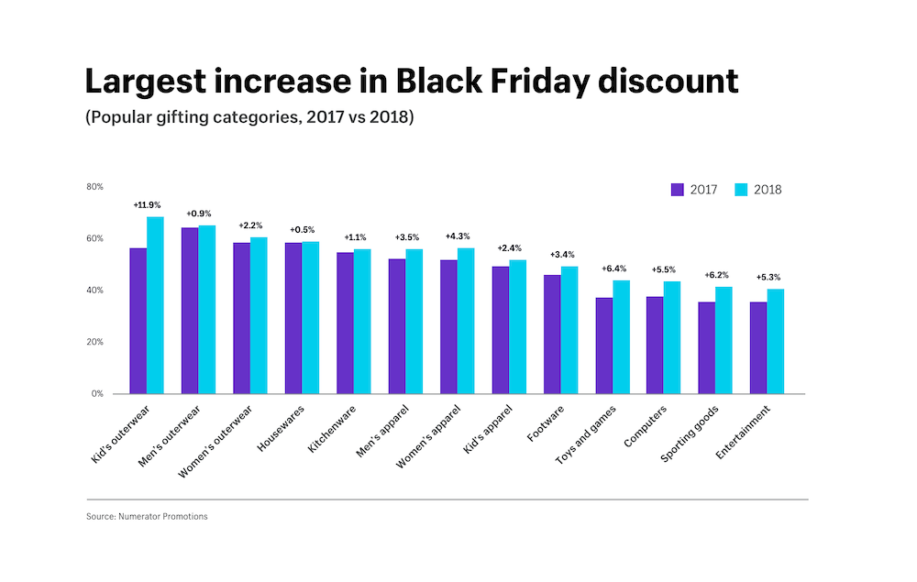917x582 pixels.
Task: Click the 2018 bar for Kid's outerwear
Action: [155, 305]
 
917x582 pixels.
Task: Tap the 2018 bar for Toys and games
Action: [621, 337]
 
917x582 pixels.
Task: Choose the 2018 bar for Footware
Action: [569, 330]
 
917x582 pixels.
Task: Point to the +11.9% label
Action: [147, 205]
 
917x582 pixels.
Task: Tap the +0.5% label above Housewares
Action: [302, 230]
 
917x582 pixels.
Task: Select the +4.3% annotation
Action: [458, 236]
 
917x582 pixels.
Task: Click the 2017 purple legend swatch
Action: [678, 190]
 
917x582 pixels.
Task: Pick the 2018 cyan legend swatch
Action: [743, 190]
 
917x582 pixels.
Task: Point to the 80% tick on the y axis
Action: [94, 187]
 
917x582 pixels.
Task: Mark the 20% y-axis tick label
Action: [94, 342]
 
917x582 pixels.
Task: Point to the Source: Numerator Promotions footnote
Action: [147, 517]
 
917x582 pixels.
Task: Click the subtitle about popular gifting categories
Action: [249, 118]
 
